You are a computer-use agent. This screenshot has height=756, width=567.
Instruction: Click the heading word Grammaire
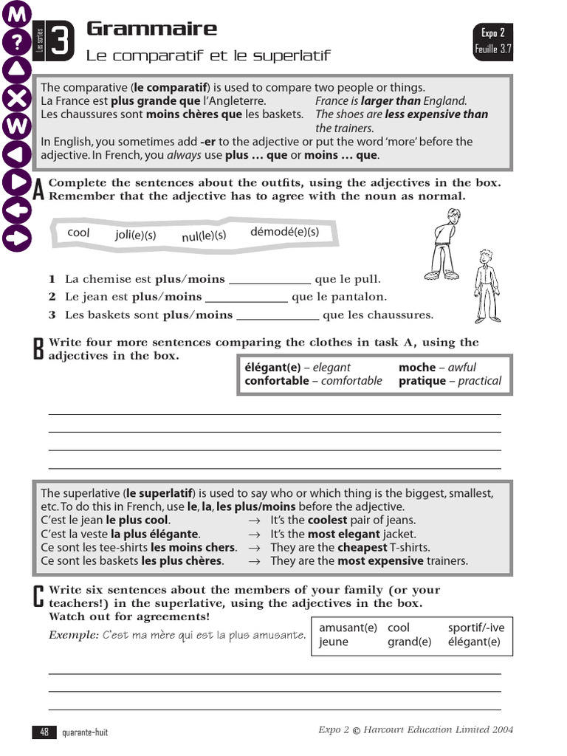[151, 29]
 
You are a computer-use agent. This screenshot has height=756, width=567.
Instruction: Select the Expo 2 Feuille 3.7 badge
[493, 41]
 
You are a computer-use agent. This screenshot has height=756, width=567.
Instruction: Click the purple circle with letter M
[18, 13]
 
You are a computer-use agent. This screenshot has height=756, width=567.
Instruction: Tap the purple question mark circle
[18, 42]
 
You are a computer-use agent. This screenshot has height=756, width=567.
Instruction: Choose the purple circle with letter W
[18, 126]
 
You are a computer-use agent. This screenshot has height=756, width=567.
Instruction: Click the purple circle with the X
[18, 98]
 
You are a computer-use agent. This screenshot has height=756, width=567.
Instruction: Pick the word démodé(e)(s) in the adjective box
[284, 231]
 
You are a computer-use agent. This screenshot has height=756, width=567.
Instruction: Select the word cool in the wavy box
[78, 233]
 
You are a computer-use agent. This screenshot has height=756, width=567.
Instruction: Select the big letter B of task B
[39, 349]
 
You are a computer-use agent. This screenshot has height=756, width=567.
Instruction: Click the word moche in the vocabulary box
[417, 367]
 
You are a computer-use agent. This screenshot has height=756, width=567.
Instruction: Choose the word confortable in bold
[277, 381]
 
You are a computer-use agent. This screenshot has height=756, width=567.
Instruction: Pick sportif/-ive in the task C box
[476, 628]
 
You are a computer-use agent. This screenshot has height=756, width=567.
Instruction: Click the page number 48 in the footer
[44, 732]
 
